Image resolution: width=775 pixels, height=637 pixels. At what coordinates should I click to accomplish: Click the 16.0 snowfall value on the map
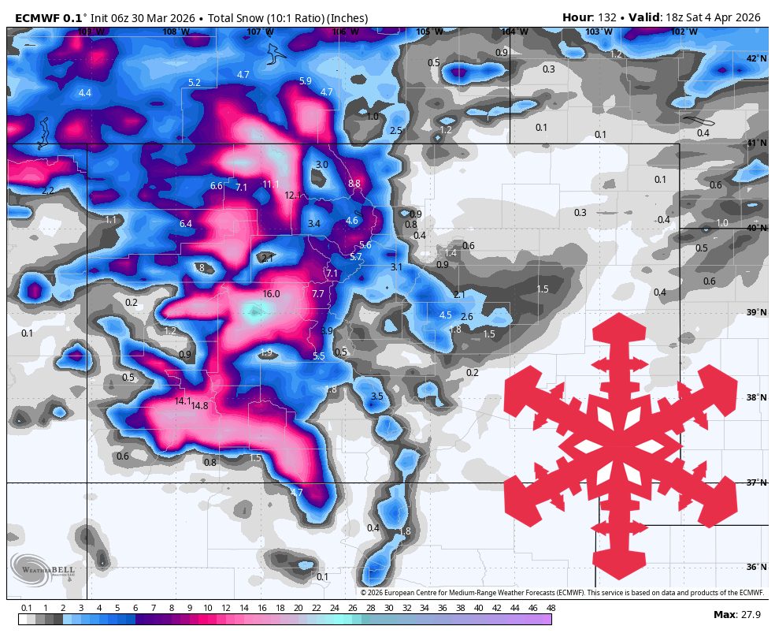point(271,294)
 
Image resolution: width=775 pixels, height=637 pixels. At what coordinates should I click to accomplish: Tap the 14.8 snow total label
point(199,406)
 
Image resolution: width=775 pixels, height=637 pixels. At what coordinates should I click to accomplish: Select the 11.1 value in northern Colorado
point(271,184)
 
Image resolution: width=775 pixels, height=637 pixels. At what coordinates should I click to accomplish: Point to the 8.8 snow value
point(354,184)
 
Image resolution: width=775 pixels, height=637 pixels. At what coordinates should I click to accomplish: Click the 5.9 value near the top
point(306,81)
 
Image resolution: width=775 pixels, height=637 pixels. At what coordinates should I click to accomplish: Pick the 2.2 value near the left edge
point(48,191)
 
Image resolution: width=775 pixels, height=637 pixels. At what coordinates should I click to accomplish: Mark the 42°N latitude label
point(756,58)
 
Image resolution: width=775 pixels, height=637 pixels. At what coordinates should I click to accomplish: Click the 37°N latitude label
point(756,482)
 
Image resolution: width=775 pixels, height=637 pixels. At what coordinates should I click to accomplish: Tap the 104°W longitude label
point(514,32)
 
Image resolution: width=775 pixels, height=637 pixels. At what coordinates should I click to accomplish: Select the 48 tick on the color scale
point(551,608)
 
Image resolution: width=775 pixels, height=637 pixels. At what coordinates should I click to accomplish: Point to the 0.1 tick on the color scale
point(26,608)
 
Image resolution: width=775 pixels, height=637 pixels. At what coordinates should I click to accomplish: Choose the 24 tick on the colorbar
point(334,608)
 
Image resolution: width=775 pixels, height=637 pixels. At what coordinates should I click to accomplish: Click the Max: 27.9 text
point(735,614)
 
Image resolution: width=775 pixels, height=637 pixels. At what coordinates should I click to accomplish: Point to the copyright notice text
point(562,592)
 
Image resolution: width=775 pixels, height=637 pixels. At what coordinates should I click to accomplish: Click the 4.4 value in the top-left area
point(85,93)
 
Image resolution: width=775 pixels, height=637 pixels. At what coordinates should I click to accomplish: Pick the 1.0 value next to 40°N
point(722,223)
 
